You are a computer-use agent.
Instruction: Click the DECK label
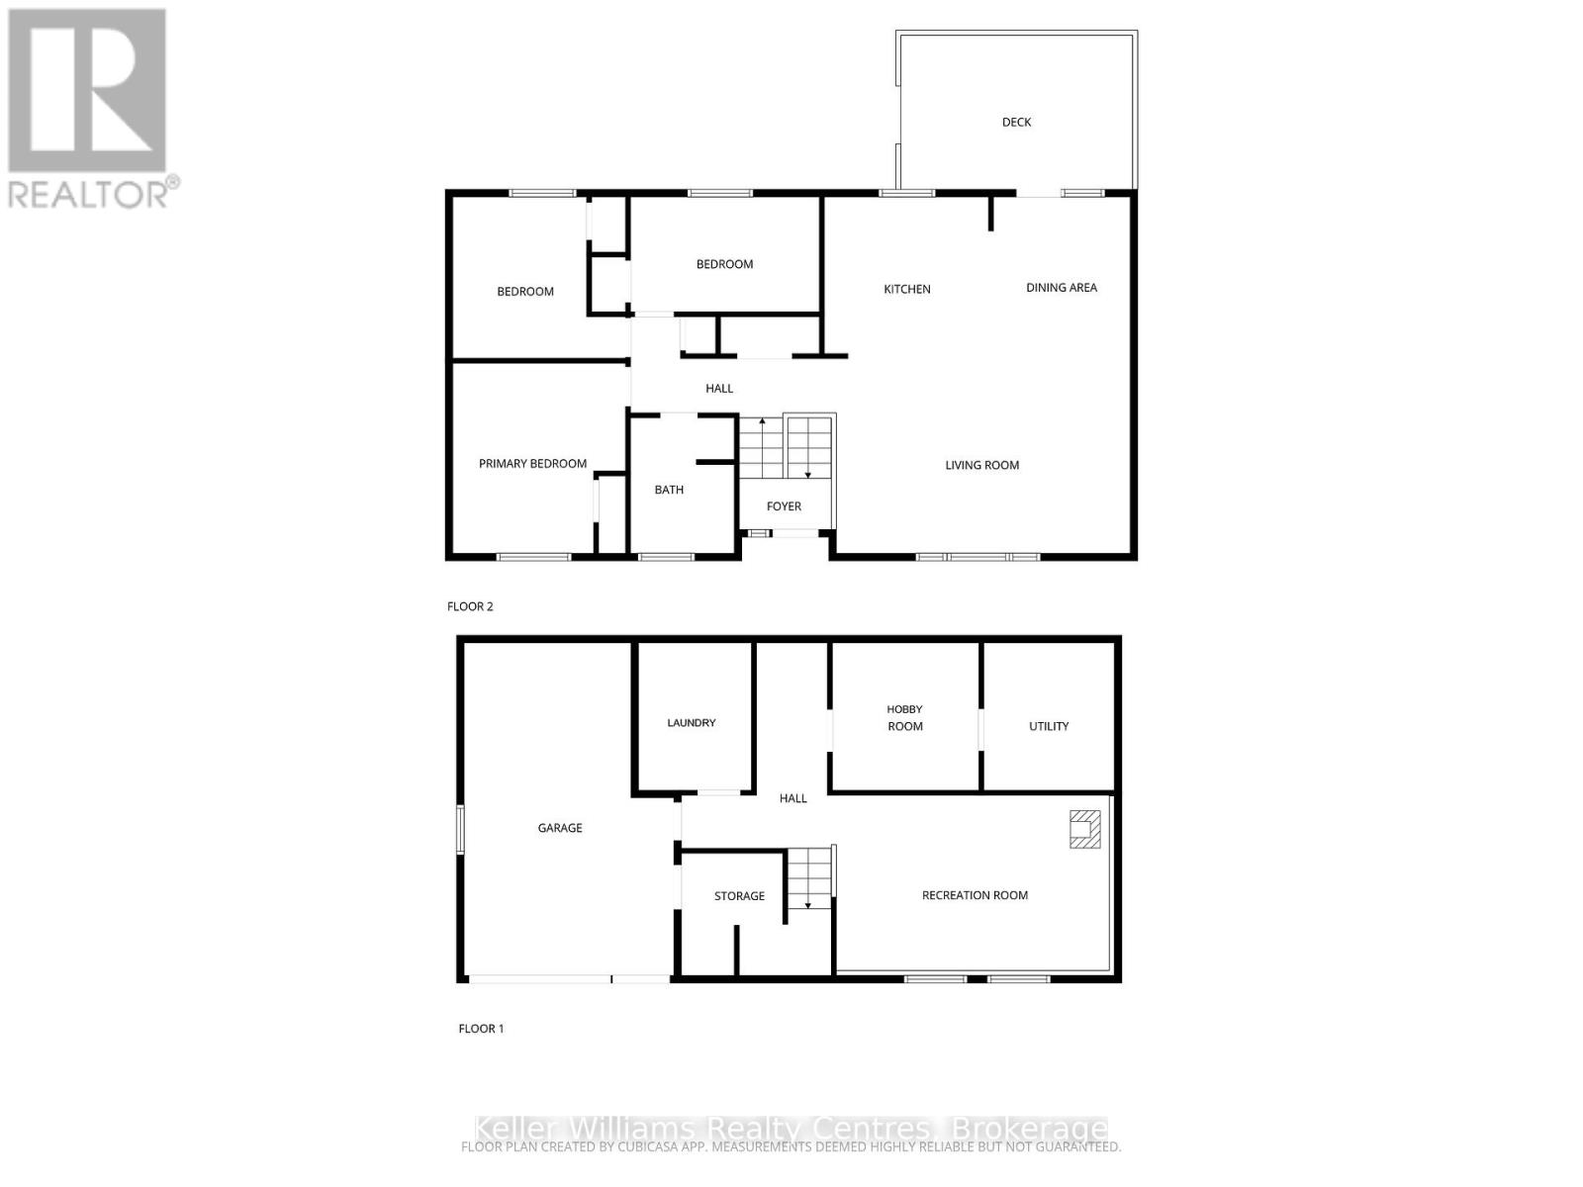(x=1016, y=123)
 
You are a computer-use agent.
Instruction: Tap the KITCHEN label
(x=906, y=290)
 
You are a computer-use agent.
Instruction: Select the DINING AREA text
(x=1061, y=288)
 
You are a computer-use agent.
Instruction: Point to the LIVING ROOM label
(x=981, y=465)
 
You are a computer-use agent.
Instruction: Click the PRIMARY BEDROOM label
(x=532, y=464)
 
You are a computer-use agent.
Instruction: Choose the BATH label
(x=669, y=490)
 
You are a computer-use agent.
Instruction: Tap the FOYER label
(x=784, y=506)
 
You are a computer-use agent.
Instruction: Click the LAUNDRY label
(x=691, y=723)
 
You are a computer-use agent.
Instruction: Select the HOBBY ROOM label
(x=904, y=718)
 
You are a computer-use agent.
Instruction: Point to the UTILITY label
(x=1048, y=726)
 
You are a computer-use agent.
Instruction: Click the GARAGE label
(x=559, y=828)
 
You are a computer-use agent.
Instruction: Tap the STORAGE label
(x=739, y=896)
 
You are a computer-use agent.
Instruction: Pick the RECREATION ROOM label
(x=975, y=895)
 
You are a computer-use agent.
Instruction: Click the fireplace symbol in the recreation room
(x=1084, y=829)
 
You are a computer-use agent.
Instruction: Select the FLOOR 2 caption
(x=470, y=606)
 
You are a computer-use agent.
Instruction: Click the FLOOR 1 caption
(x=481, y=1029)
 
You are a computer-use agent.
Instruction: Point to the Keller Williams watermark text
(x=791, y=1129)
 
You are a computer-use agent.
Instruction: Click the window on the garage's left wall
(x=460, y=829)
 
